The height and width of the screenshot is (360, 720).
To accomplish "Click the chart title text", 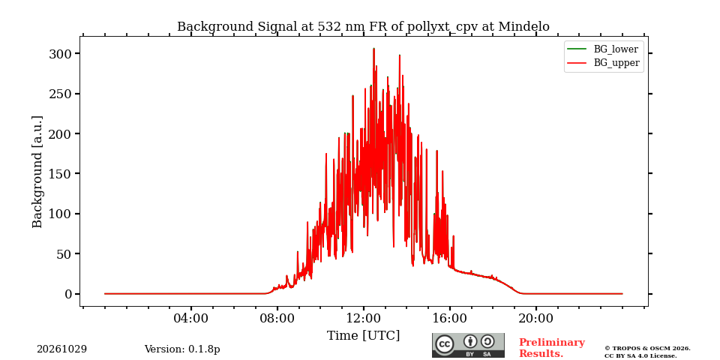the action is pos(363,27).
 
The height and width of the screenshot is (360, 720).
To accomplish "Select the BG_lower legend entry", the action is pos(602,49).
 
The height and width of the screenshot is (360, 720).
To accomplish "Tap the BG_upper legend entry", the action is pos(603,63).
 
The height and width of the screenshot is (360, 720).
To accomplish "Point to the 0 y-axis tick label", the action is pos(68,294).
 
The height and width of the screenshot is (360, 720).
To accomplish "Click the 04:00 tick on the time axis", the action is pos(191,318).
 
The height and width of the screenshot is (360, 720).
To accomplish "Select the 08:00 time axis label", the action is pos(277,318).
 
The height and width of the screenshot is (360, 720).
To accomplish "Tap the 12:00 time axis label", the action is pos(364,318).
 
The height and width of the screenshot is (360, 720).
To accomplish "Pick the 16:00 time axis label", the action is pos(449,318).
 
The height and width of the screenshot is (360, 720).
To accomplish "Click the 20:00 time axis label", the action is pos(535,318).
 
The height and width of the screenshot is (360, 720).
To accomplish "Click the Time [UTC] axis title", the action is pos(363,336).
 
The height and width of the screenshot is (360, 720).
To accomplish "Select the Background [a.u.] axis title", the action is pos(37,172).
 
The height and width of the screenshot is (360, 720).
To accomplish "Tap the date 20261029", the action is pos(62,349).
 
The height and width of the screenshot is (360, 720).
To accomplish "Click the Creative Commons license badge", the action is pos(468,345).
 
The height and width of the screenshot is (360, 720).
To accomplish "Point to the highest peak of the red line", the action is pos(373,49).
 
